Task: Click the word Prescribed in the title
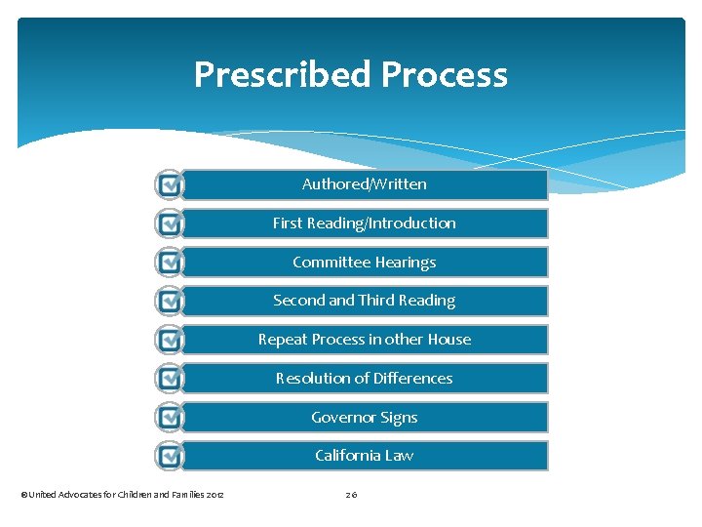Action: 283,75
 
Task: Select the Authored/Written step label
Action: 364,184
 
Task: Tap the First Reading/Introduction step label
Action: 364,223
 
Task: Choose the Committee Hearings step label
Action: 364,263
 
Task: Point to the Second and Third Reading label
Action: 364,301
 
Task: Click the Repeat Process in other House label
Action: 364,340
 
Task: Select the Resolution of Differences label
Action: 364,379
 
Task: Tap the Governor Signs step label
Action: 364,418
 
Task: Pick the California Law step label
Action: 364,456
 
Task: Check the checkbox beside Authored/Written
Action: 170,184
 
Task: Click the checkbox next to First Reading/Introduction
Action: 170,223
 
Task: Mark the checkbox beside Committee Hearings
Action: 170,263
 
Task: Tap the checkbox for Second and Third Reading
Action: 170,301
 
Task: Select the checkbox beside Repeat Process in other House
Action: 170,340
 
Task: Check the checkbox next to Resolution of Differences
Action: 170,379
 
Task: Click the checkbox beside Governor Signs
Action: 170,418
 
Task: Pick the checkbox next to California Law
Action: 170,456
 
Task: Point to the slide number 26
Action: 351,496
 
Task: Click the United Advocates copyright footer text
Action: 123,496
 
